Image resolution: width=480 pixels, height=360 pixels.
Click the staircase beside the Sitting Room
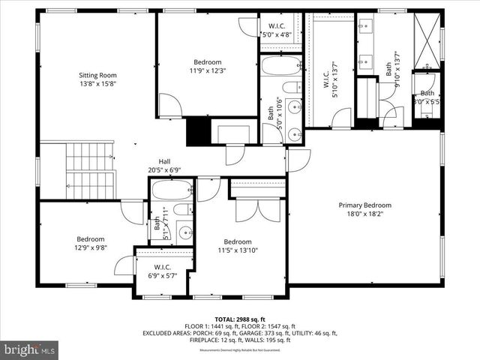click(x=88, y=171)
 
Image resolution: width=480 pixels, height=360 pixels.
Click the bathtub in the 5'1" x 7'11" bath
click(x=172, y=190)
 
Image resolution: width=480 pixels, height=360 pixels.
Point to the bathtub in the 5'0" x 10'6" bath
click(x=281, y=65)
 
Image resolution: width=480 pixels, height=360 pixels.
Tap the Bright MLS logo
click(x=30, y=349)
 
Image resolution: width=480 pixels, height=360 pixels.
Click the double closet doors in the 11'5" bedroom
click(x=259, y=209)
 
